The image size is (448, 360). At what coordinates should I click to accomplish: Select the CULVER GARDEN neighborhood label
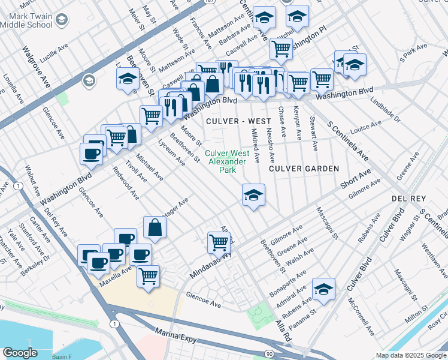coord(304,169)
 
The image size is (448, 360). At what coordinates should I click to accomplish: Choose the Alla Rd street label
coord(281,329)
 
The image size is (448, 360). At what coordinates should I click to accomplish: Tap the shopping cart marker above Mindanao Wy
coord(219,242)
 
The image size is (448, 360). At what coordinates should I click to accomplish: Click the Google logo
coord(20,353)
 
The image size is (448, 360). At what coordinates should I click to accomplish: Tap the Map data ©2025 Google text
coord(411,355)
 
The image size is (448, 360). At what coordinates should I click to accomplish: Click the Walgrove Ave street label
coord(35,68)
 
